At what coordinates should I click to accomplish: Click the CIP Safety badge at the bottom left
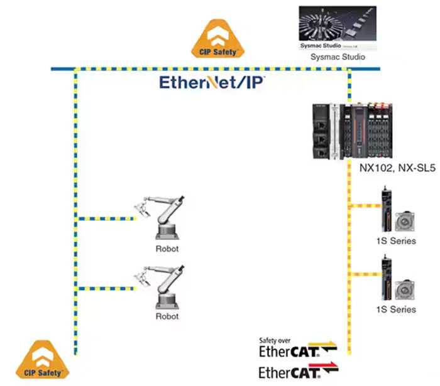(x=41, y=362)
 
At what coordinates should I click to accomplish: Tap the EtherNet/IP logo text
(x=212, y=83)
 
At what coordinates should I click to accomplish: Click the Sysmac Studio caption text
(x=338, y=57)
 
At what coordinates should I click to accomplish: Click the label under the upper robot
(x=167, y=249)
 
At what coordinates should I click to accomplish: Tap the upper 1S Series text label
(x=395, y=240)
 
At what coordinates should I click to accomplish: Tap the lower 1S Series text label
(x=395, y=309)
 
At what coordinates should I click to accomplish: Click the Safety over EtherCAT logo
(x=297, y=346)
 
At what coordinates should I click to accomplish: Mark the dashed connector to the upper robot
(x=106, y=219)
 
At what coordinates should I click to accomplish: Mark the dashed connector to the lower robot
(x=106, y=287)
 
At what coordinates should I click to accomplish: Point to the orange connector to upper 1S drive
(x=363, y=206)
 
